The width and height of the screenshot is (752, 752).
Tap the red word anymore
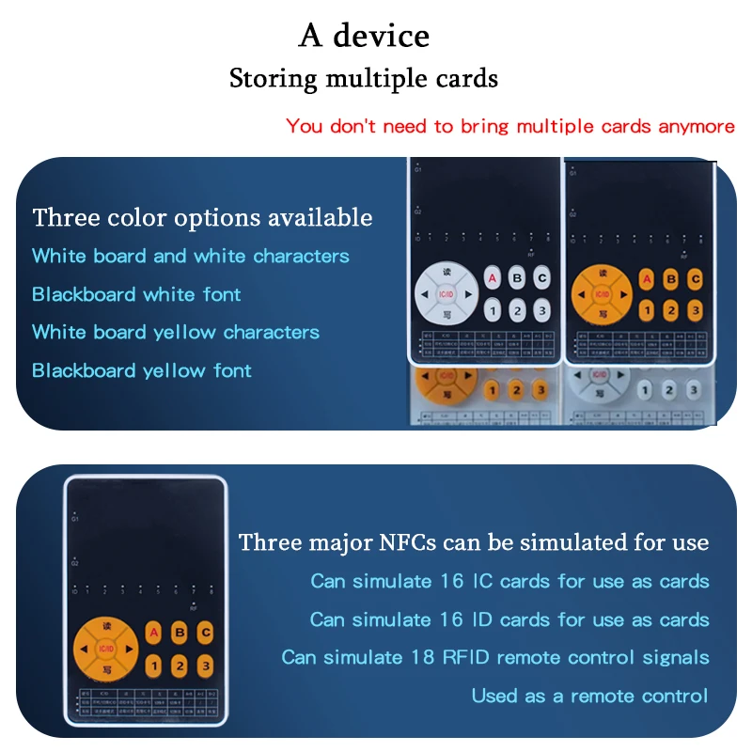click(697, 126)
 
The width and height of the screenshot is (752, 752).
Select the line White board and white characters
click(190, 256)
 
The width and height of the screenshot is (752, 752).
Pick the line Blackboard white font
click(136, 294)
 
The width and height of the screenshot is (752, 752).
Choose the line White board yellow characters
click(176, 332)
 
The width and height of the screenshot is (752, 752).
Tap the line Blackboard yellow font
click(142, 370)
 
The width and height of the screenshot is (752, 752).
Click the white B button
click(516, 278)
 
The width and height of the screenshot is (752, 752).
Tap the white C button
click(541, 278)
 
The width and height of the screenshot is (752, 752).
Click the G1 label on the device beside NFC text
click(75, 518)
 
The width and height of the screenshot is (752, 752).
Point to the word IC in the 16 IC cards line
click(482, 581)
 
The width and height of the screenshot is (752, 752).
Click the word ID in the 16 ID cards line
click(481, 619)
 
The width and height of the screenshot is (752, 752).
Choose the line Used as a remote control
click(589, 696)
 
